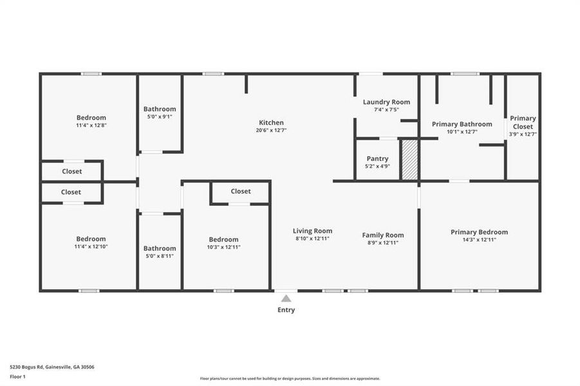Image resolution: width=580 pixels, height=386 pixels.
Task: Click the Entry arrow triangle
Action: (286, 298)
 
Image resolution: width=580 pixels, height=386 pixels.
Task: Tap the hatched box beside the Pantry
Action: (409, 160)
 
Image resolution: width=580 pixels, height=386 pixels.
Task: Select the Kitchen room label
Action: (271, 123)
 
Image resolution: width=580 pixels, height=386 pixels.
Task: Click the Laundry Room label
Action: (386, 102)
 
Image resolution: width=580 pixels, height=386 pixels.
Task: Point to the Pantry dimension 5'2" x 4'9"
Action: (377, 166)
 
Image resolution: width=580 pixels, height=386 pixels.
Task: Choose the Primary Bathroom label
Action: (462, 124)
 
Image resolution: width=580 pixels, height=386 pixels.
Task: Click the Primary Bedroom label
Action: (479, 232)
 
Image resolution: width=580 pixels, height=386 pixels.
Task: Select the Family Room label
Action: (382, 235)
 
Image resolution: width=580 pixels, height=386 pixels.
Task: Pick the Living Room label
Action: (312, 231)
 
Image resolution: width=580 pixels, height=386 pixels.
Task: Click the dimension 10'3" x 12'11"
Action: (223, 247)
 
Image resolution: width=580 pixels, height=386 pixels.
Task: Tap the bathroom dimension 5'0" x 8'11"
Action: (160, 256)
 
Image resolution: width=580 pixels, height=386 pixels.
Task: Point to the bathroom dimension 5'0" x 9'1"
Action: (160, 117)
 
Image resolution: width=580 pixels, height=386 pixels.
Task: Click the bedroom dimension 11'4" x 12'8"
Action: (91, 125)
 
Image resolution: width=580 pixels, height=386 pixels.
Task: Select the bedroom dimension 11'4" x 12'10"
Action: (91, 246)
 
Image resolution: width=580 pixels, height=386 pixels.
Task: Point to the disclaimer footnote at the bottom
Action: (290, 379)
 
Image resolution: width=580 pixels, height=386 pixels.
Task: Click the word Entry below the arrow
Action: (286, 310)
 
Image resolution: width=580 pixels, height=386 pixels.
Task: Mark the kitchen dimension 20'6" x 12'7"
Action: (271, 131)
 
